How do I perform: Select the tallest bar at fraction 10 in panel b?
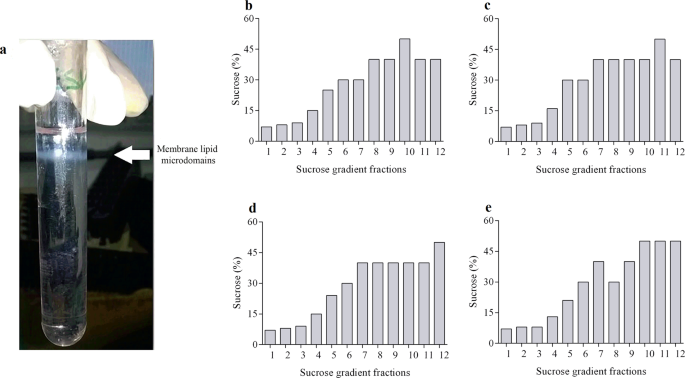point(404,91)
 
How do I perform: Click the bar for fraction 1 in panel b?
point(266,134)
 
